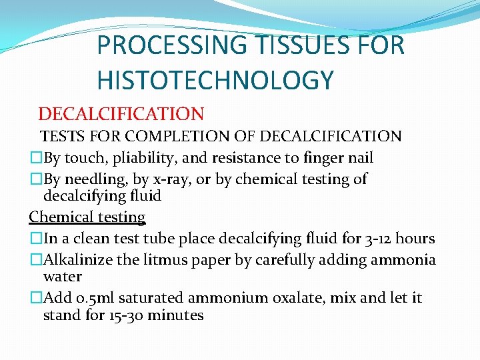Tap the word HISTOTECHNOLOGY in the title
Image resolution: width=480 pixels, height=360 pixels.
pyautogui.click(x=215, y=81)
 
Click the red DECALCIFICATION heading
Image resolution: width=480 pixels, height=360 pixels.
pyautogui.click(x=121, y=115)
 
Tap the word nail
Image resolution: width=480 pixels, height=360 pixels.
pyautogui.click(x=359, y=158)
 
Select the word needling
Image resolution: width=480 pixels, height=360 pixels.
pyautogui.click(x=98, y=179)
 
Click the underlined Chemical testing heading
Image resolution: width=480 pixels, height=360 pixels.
pyautogui.click(x=87, y=217)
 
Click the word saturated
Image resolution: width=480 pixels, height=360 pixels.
pyautogui.click(x=151, y=297)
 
